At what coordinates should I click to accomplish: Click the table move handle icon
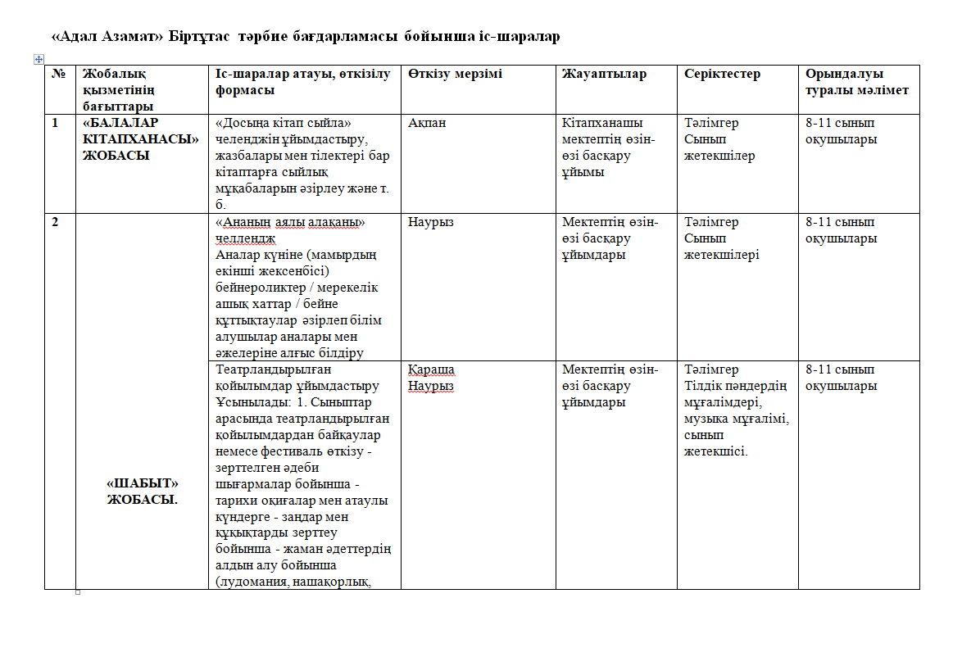[39, 59]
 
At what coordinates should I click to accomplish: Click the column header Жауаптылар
[604, 74]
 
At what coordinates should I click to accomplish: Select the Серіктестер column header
[722, 74]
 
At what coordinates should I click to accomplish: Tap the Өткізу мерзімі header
[455, 74]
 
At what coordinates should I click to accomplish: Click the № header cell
[58, 74]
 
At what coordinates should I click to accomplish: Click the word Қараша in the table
[431, 369]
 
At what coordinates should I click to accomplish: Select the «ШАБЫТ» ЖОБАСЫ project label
[143, 491]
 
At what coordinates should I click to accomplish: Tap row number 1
[55, 123]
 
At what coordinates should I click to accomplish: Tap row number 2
[55, 222]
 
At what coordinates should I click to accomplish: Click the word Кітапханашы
[602, 123]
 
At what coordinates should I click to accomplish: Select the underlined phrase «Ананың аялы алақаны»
[289, 222]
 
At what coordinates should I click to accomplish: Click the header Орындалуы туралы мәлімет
[856, 82]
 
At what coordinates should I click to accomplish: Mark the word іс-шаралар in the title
[519, 37]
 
